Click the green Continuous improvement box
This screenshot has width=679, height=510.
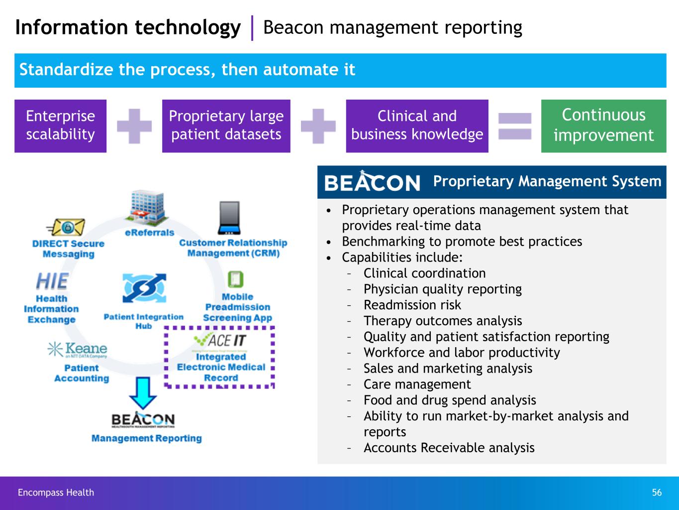603,126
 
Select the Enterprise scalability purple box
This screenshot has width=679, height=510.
60,126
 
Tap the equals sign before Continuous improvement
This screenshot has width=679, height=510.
515,126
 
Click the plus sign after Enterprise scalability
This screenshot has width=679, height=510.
134,126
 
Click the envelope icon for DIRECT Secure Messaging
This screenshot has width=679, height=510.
67,227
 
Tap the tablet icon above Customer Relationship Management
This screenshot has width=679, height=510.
229,218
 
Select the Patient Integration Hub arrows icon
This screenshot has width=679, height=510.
144,288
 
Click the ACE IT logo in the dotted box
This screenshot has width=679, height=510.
220,341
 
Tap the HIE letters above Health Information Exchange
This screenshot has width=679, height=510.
52,281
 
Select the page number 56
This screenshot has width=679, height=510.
657,493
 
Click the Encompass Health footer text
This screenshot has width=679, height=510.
56,493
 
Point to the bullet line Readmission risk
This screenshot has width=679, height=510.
412,305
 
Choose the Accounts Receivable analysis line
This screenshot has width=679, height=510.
449,448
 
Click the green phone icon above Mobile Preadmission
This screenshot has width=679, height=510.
235,279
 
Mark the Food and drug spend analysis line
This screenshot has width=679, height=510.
450,400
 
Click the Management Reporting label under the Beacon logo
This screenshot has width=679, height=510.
146,438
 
